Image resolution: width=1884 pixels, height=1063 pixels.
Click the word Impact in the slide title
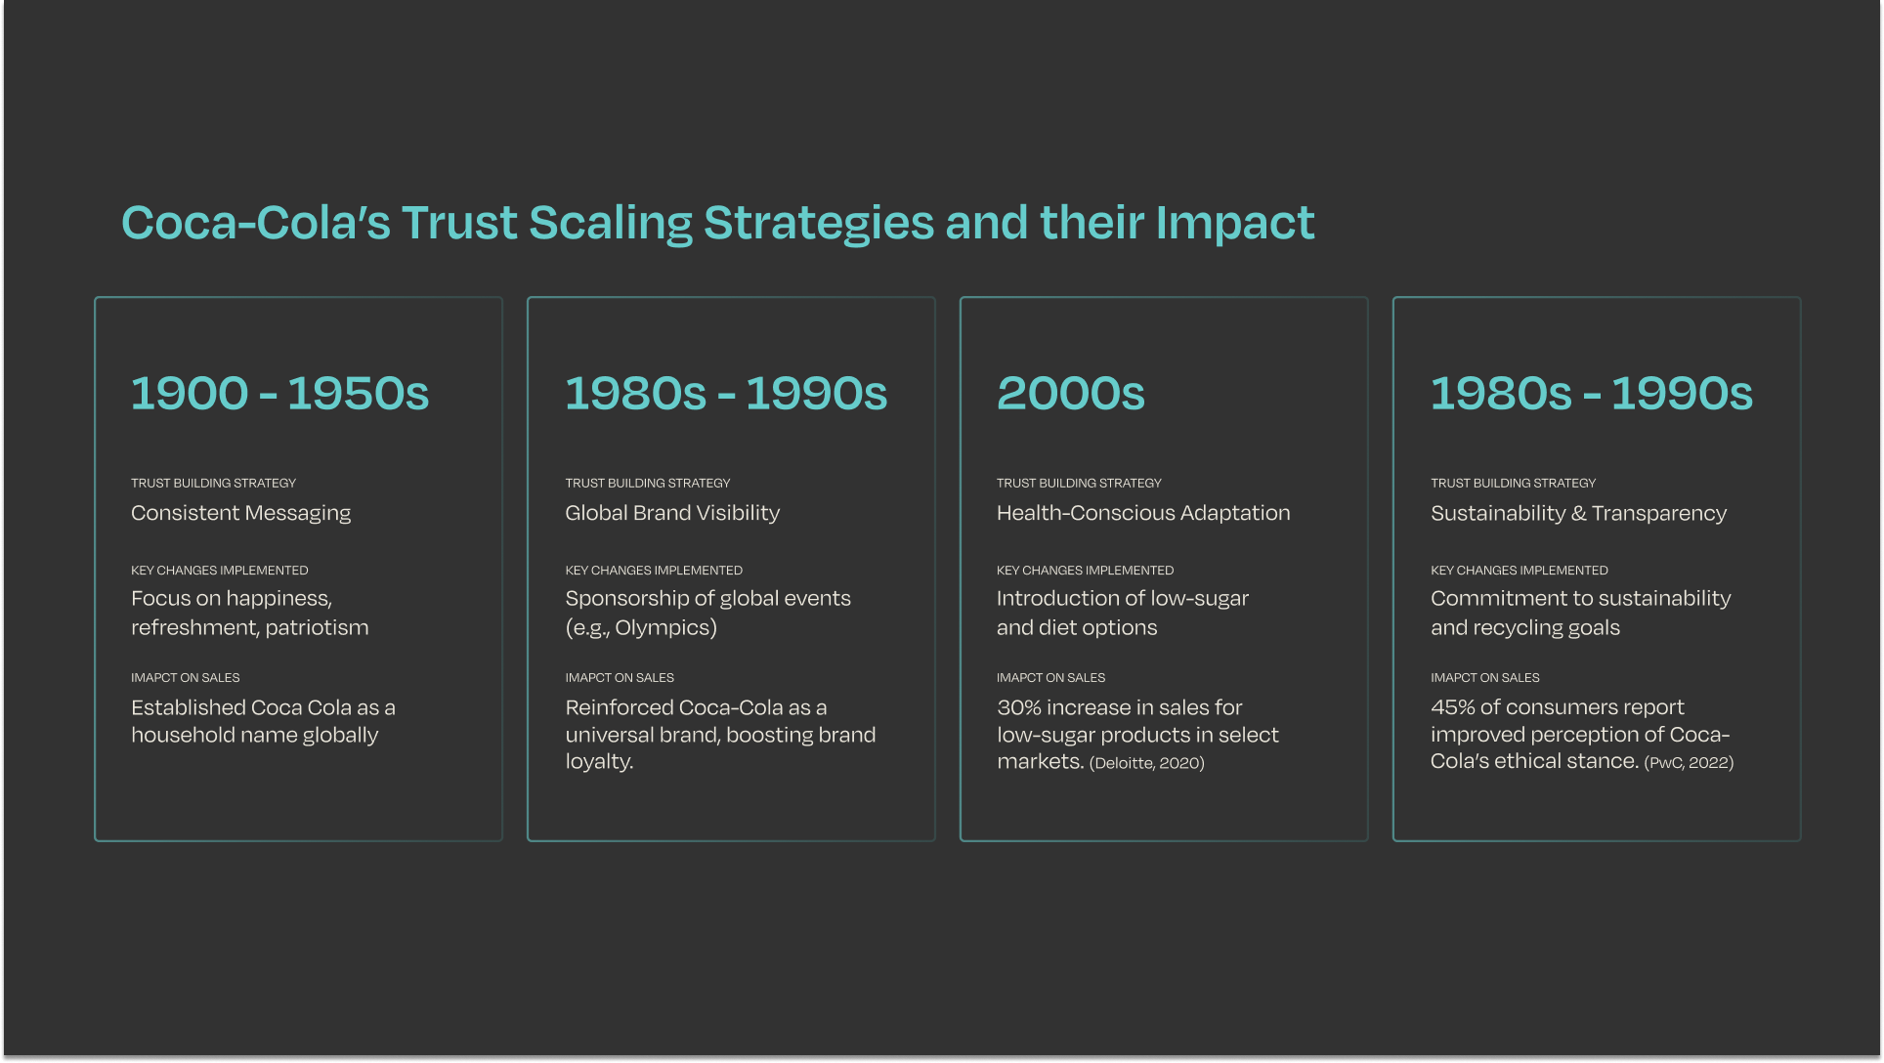coord(1235,223)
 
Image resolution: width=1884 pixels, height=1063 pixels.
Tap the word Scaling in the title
coord(611,223)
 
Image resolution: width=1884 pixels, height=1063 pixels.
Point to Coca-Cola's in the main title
coord(255,223)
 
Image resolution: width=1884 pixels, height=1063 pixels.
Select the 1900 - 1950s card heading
coord(279,393)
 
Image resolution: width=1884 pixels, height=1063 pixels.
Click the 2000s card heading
coord(1070,393)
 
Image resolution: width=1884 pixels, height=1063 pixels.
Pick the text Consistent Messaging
coord(240,513)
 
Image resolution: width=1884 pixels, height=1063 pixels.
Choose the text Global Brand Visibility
coord(672,513)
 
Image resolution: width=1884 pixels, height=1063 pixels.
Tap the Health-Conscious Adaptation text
coord(1143,513)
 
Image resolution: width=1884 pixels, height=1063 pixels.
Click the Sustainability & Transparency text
coord(1578,513)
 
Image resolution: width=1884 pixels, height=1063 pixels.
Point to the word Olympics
coord(665,627)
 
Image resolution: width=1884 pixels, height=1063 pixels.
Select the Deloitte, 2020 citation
coord(1147,763)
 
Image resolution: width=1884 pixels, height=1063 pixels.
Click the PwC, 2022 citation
coord(1689,763)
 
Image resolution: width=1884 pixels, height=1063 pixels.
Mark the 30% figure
coord(1018,707)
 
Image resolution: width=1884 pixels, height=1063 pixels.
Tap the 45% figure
coord(1452,707)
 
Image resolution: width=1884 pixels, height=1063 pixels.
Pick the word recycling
coord(1526,627)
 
